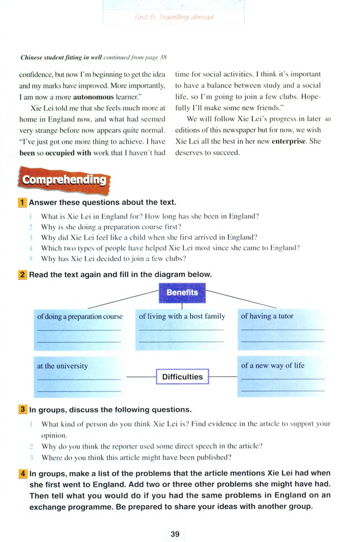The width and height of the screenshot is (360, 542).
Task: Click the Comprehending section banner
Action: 64,179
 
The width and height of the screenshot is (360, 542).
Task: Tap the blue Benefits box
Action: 182,292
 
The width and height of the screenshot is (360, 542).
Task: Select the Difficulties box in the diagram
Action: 182,377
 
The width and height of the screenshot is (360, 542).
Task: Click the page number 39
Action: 175,534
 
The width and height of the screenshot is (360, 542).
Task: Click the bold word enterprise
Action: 289,141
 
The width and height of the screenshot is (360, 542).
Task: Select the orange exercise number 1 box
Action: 23,202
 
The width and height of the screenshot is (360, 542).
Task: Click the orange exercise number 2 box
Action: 23,274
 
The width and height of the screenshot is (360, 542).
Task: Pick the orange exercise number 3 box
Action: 23,410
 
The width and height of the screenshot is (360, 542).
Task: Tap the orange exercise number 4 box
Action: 23,473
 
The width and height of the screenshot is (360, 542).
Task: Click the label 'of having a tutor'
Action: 267,316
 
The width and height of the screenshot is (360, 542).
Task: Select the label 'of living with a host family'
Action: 182,316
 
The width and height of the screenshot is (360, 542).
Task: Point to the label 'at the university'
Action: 62,366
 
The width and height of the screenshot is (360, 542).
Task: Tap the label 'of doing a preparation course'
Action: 80,316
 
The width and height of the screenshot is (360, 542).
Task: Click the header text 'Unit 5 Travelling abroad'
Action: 174,17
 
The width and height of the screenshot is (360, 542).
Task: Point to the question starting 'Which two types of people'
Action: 170,248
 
